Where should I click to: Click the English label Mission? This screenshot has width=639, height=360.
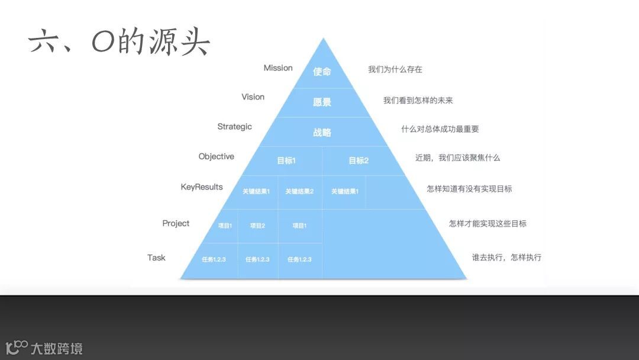[x=278, y=68]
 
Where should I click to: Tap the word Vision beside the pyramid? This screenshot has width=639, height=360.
[x=253, y=97]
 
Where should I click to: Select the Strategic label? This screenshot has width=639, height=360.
[x=234, y=127]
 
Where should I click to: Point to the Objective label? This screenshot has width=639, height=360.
[x=216, y=157]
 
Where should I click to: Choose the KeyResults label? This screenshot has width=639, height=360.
[x=202, y=187]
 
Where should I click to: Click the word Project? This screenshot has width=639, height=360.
[x=176, y=223]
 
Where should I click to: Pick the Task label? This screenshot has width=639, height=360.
[x=156, y=258]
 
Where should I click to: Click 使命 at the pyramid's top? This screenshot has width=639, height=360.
[x=322, y=72]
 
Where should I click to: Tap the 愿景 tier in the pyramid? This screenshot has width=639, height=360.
[x=322, y=102]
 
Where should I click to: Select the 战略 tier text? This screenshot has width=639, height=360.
[x=322, y=132]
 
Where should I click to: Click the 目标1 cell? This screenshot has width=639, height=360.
[x=286, y=160]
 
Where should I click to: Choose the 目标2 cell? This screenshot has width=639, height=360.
[x=358, y=160]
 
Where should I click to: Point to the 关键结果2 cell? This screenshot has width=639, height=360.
[x=299, y=191]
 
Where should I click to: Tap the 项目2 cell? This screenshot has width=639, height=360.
[x=257, y=226]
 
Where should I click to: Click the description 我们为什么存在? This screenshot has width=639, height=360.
[x=395, y=69]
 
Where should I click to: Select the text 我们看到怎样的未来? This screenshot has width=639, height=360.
[x=418, y=101]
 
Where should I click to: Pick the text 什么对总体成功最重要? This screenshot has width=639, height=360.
[x=440, y=129]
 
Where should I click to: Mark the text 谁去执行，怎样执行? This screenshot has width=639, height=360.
[x=506, y=258]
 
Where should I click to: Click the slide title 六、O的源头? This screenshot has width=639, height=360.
[x=119, y=42]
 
